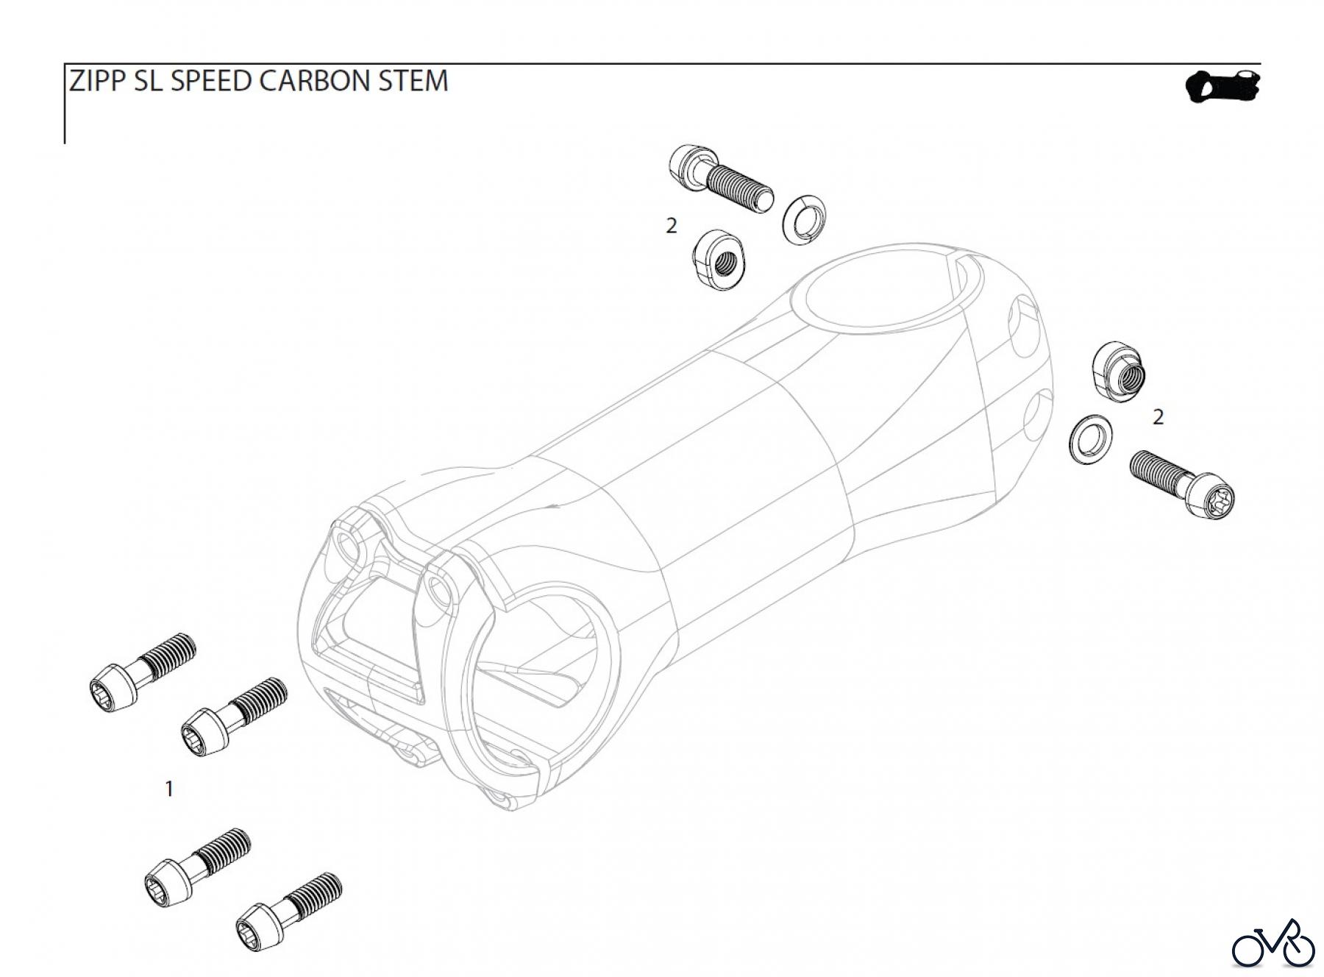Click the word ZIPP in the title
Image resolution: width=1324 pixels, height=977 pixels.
click(98, 81)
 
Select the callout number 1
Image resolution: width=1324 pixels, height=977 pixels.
click(169, 789)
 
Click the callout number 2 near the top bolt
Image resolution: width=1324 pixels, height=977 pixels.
click(671, 226)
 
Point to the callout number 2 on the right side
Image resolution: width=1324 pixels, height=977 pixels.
click(1158, 417)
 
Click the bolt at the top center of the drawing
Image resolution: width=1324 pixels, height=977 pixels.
click(720, 178)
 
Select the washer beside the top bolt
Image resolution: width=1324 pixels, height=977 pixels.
click(803, 219)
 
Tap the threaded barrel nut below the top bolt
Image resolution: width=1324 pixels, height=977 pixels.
click(719, 259)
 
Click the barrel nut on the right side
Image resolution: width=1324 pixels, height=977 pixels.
click(1118, 371)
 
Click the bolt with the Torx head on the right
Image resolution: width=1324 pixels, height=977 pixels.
click(1181, 482)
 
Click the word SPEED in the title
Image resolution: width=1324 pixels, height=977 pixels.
click(211, 81)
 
